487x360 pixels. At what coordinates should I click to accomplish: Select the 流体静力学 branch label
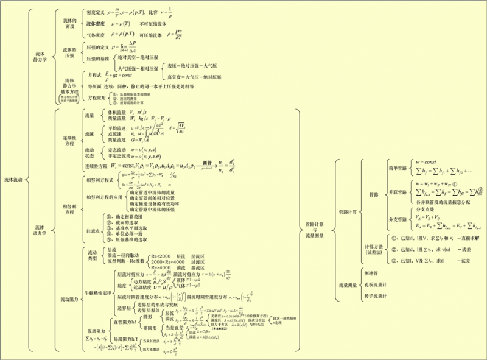[40, 58]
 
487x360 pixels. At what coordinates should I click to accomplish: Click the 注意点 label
[93, 231]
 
